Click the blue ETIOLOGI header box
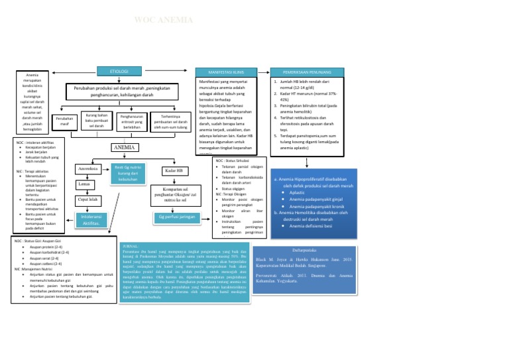click(119, 71)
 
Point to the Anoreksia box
click(87, 169)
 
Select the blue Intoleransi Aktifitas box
click(91, 219)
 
